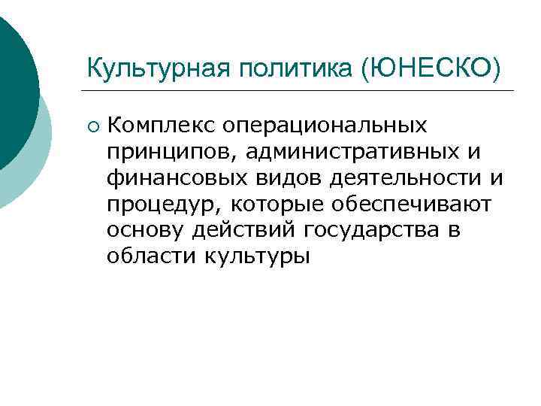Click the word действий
[236, 229]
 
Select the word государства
[363, 229]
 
